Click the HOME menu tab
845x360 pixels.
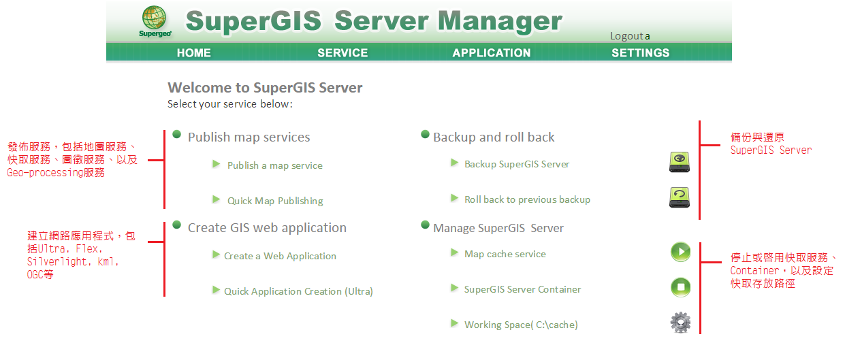pos(194,53)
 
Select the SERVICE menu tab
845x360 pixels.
pos(342,53)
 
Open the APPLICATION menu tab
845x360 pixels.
pos(492,53)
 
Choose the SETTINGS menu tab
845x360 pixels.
pos(641,53)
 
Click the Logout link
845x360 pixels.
pos(627,36)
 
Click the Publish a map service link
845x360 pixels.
pos(275,165)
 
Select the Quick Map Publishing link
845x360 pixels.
pos(275,201)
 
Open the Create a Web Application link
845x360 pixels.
pos(280,256)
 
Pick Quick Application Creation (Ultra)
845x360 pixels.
pos(298,291)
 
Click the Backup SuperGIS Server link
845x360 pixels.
pos(517,165)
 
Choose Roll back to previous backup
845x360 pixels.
pos(528,199)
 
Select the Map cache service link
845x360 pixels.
pos(505,254)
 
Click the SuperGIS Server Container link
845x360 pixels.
pos(522,289)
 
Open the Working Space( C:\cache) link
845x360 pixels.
pos(521,325)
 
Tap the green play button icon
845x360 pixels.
pos(680,252)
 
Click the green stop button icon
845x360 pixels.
pos(680,287)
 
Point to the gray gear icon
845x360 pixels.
pos(680,323)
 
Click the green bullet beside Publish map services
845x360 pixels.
pos(176,134)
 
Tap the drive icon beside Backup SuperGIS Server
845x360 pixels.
pos(680,162)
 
